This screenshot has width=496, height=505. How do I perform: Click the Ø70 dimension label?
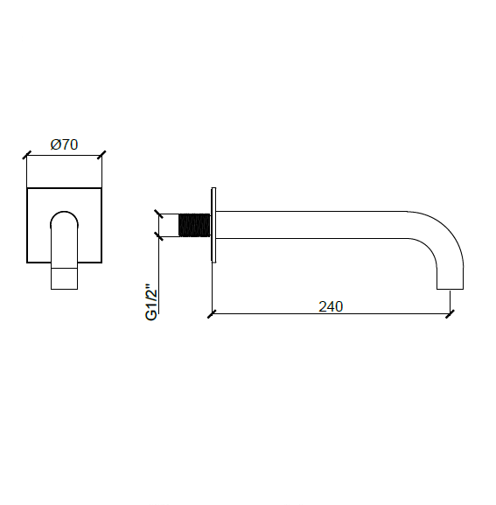pos(64,144)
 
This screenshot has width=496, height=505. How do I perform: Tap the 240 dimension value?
pos(331,306)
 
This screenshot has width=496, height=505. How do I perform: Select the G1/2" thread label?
pos(151,302)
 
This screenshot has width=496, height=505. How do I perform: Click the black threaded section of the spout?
pos(194,225)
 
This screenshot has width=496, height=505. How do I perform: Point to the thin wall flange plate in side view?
pos(213,225)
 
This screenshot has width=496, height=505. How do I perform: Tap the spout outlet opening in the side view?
pos(450,289)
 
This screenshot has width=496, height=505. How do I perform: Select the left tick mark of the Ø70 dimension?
pos(27,155)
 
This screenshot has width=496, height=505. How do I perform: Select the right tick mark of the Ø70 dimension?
pos(101,155)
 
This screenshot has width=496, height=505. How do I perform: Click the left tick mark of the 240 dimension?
pos(212,313)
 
